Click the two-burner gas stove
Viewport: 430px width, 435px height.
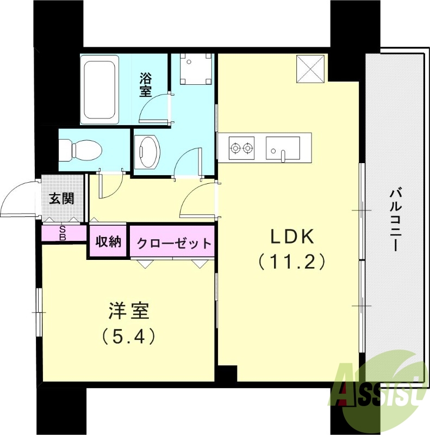pyautogui.click(x=242, y=147)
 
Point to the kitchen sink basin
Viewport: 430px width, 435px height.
pyautogui.click(x=283, y=147)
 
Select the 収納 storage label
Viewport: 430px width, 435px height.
pyautogui.click(x=109, y=242)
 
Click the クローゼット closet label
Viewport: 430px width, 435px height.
pyautogui.click(x=173, y=243)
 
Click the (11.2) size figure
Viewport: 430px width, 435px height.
pyautogui.click(x=292, y=262)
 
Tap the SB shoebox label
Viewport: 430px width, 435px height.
pyautogui.click(x=63, y=233)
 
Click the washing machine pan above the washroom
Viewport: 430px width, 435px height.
pyautogui.click(x=194, y=69)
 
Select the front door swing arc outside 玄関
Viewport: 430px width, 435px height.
pyautogui.click(x=19, y=200)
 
